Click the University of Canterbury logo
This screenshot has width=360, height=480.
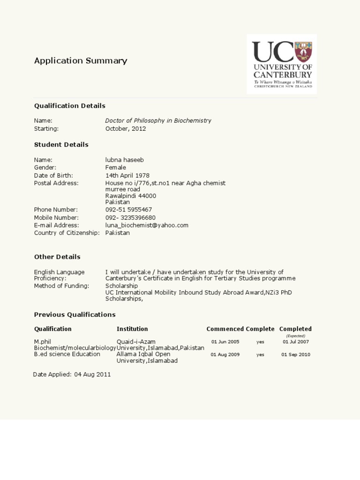[282, 64]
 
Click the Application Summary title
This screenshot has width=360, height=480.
[81, 60]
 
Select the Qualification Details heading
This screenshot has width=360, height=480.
[70, 105]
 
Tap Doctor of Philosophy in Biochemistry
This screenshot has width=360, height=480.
[158, 120]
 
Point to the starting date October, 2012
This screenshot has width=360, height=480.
[126, 128]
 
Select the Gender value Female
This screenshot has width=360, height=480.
[116, 167]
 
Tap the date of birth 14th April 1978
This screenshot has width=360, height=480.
[127, 175]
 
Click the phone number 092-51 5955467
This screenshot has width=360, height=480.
[128, 210]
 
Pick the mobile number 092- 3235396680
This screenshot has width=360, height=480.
[130, 217]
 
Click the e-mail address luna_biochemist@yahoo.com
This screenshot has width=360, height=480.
[147, 225]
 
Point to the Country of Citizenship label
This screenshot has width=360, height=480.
[67, 232]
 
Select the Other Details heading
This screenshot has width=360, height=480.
[57, 257]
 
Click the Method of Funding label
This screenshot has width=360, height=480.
[61, 286]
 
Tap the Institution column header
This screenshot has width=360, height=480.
[132, 329]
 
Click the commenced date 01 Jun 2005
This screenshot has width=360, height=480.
[225, 342]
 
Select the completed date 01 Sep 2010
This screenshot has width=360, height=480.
[296, 355]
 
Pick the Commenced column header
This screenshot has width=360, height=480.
[225, 329]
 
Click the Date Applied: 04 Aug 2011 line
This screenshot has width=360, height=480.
[72, 375]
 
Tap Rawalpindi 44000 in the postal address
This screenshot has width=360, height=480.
[131, 196]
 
